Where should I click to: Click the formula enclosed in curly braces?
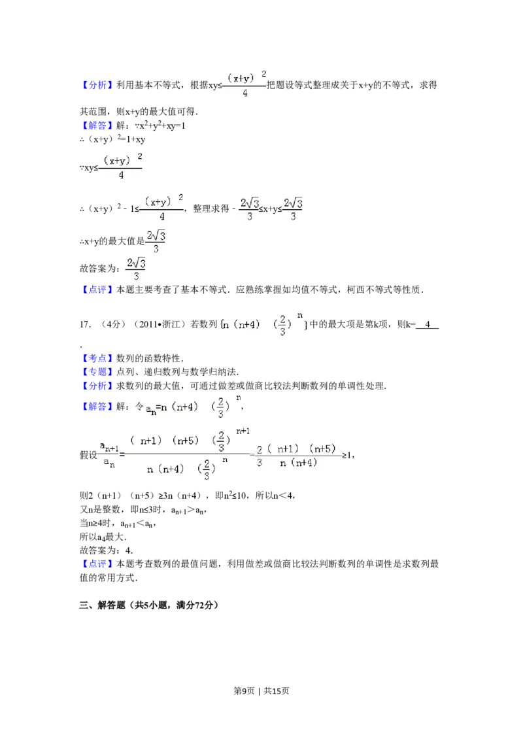click(264, 324)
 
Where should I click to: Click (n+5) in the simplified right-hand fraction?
click(322, 448)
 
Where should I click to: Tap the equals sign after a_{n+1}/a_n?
click(122, 454)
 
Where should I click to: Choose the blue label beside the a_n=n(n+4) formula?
click(97, 407)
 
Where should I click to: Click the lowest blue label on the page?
click(98, 564)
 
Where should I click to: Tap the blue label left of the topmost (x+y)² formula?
click(98, 85)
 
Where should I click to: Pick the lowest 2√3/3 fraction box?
click(134, 269)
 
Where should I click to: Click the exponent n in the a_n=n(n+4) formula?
click(239, 397)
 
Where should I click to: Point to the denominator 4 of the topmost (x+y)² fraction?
click(244, 93)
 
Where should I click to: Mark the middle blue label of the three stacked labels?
click(98, 371)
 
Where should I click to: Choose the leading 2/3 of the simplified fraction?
click(259, 455)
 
